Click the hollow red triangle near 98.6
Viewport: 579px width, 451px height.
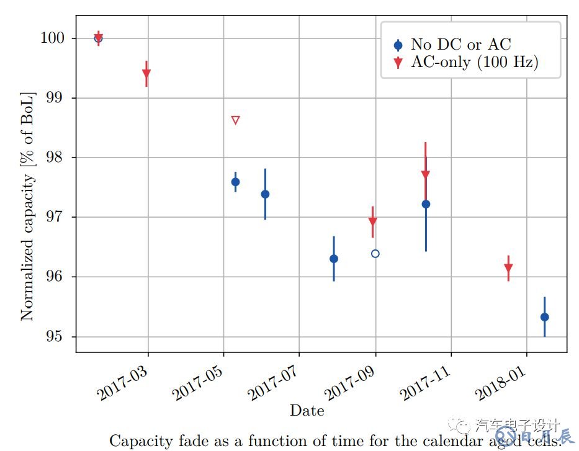[235, 120]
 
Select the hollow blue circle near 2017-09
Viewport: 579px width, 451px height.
[375, 253]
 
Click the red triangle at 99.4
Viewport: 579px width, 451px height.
[146, 74]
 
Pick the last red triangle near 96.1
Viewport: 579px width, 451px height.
[508, 269]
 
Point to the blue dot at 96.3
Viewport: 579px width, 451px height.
[334, 259]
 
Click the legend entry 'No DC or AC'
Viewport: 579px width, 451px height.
[461, 45]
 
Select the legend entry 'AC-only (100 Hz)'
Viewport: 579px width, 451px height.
[475, 62]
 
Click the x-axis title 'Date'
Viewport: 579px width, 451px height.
[307, 410]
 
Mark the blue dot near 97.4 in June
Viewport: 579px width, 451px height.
[265, 194]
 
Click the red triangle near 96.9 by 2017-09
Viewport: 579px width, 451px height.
[372, 222]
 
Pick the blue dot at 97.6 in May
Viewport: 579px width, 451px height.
[235, 182]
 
